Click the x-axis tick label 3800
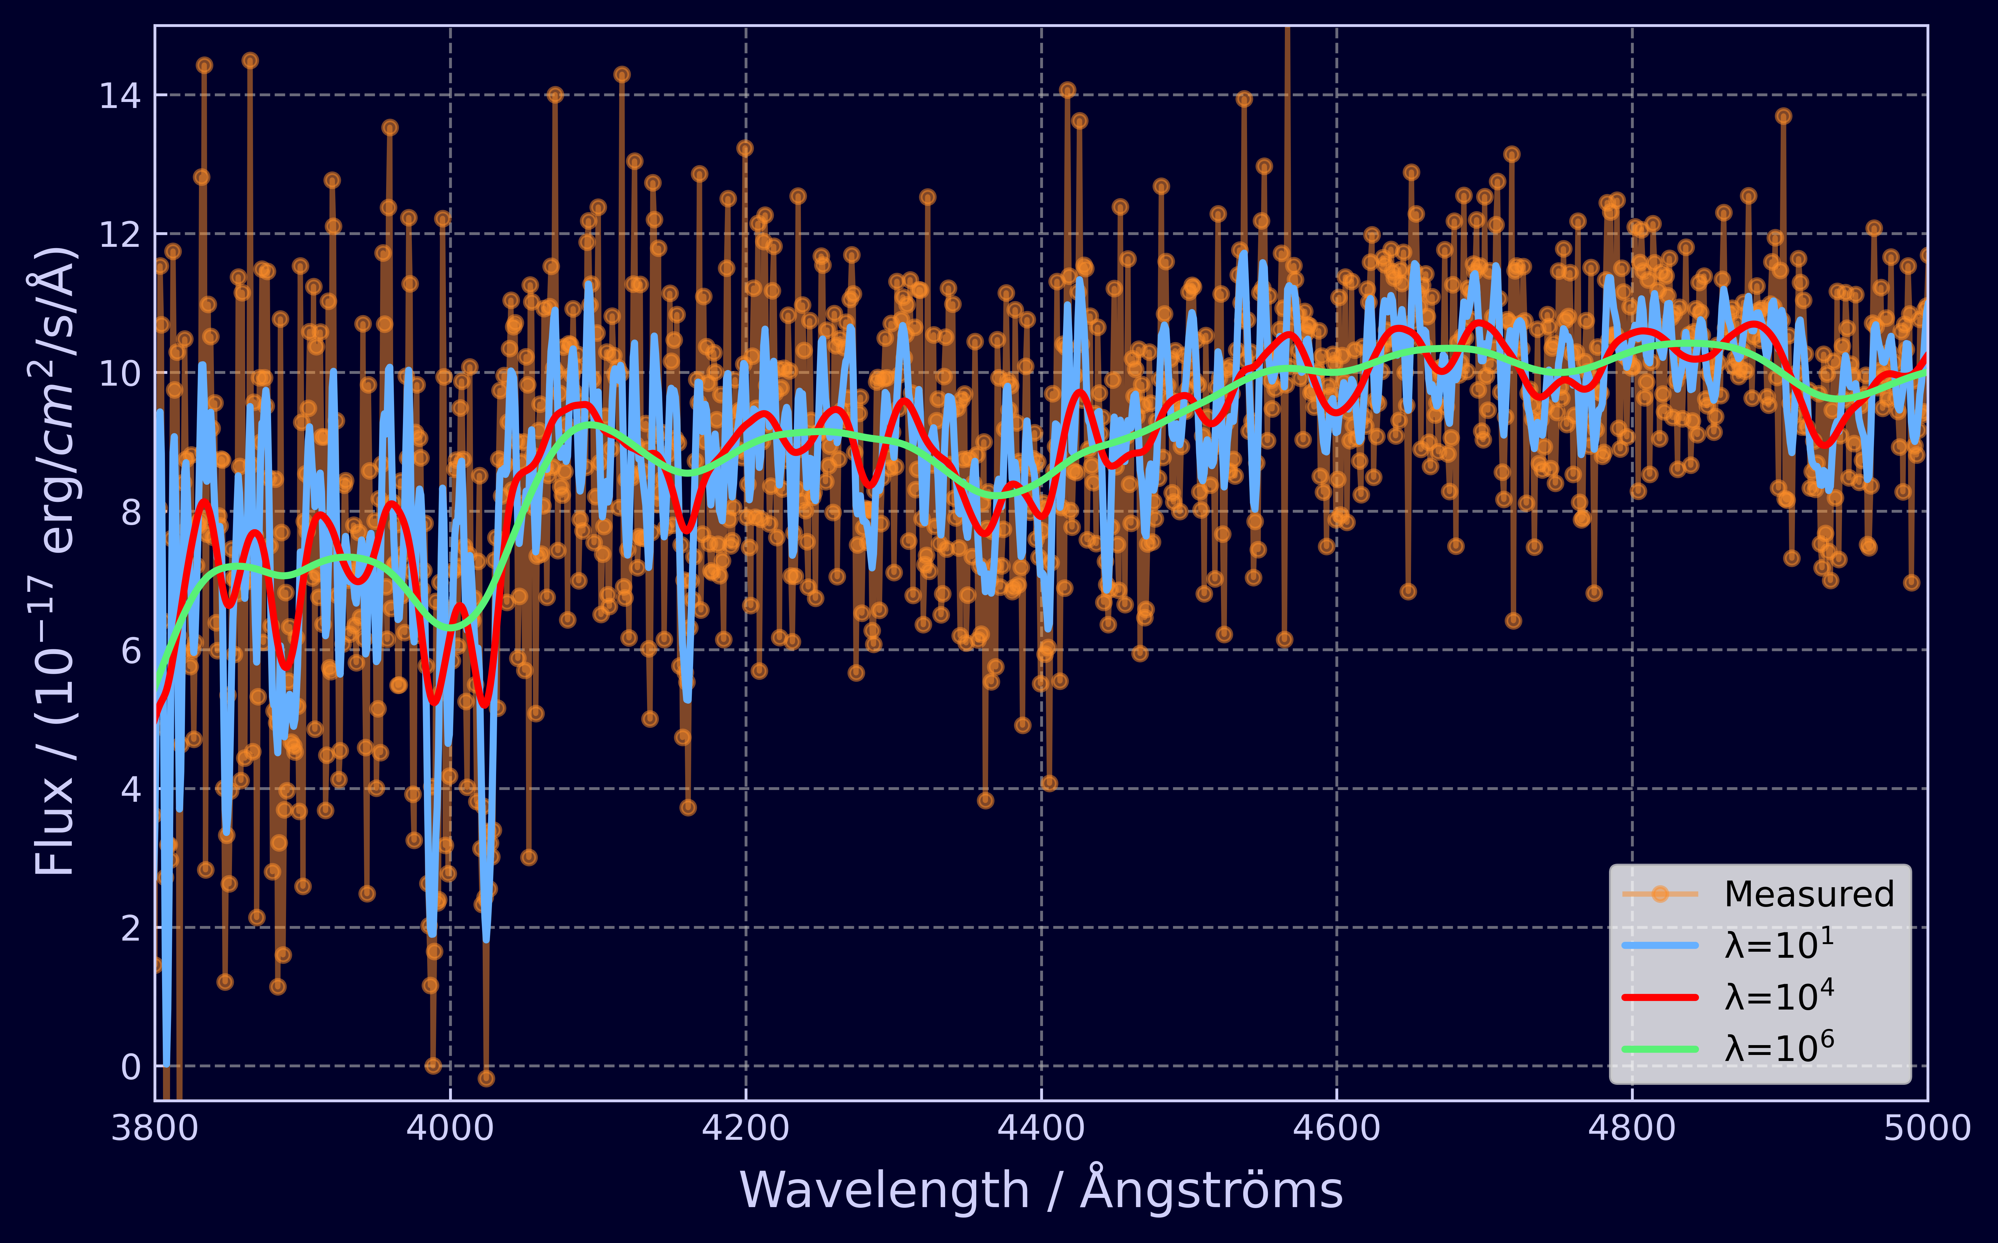pos(154,1128)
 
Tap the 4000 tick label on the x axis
pos(450,1128)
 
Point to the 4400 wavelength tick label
pos(1041,1128)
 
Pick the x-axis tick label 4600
pos(1336,1128)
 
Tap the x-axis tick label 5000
pos(1926,1128)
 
